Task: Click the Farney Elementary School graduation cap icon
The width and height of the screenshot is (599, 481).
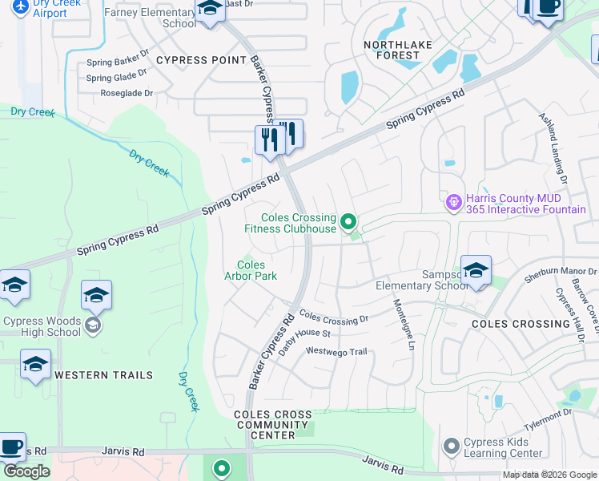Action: coord(210,10)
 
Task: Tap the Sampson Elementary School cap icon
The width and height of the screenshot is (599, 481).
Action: coord(476,270)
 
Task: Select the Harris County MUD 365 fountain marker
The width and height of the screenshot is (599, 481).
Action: coord(453,200)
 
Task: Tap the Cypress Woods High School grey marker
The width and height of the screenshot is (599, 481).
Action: coord(94,324)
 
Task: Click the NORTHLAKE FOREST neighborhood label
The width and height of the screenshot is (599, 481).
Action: coord(392,50)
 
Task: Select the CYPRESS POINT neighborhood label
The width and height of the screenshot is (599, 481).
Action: coord(201,60)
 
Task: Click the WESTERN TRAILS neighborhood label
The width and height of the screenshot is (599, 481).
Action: coord(103,374)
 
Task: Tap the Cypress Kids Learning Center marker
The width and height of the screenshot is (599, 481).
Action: coord(452,445)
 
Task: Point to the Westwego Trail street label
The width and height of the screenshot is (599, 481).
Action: coord(336,351)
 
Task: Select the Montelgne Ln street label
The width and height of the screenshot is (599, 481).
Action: coord(404,325)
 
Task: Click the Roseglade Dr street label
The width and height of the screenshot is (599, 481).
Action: coord(127,93)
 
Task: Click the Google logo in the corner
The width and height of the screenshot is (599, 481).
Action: coord(26,471)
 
